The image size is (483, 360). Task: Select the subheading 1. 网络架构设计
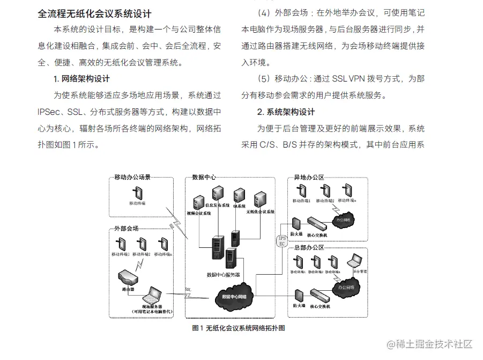(x=81, y=79)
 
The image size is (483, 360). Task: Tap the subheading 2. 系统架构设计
(x=286, y=112)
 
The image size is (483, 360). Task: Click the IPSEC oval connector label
(x=282, y=240)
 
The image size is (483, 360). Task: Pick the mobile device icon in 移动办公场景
(x=137, y=192)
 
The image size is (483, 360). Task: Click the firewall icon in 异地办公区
(x=296, y=223)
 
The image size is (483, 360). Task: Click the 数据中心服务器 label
(x=223, y=275)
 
